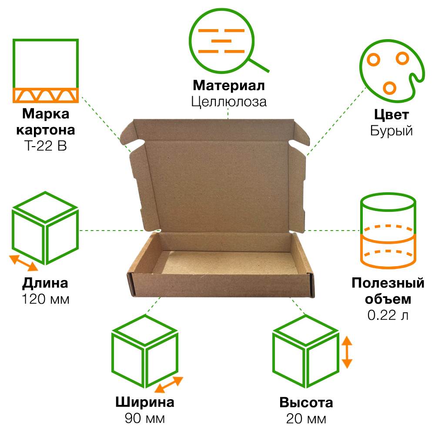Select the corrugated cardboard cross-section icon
tap(45, 71)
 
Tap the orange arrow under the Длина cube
tap(24, 263)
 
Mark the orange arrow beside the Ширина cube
tap(168, 385)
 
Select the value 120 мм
tap(45, 300)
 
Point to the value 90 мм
tap(145, 419)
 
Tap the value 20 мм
tap(306, 419)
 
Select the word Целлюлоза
tap(228, 102)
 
